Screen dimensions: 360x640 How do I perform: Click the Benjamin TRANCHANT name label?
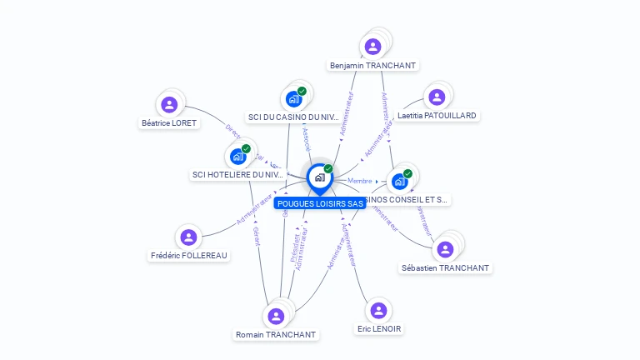point(372,65)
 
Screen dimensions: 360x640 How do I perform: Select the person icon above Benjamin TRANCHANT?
point(372,46)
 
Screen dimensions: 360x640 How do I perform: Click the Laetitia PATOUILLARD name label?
point(437,115)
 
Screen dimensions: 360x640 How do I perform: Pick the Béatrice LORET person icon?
point(169,104)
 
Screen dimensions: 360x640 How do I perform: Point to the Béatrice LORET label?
point(169,122)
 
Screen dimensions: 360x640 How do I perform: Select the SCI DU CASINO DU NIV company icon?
point(293,99)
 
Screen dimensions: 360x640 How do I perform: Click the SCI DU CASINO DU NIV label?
point(293,117)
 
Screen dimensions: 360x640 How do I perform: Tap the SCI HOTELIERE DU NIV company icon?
point(237,156)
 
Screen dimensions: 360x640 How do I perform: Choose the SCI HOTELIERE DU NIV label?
point(237,174)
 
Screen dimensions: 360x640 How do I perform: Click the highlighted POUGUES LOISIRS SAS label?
point(319,203)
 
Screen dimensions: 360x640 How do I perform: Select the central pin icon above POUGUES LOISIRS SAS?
point(319,177)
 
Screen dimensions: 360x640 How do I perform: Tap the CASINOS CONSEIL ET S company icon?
point(400,181)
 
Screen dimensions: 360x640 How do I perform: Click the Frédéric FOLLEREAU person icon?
point(188,237)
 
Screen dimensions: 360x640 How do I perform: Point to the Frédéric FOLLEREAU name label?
point(188,255)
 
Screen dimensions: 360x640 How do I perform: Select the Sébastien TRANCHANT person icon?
point(445,249)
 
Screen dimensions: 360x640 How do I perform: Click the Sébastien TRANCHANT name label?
point(445,267)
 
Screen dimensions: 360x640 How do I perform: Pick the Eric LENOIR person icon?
point(378,310)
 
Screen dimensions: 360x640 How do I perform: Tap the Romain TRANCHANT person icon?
point(276,316)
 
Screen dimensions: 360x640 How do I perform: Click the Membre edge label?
point(360,181)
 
